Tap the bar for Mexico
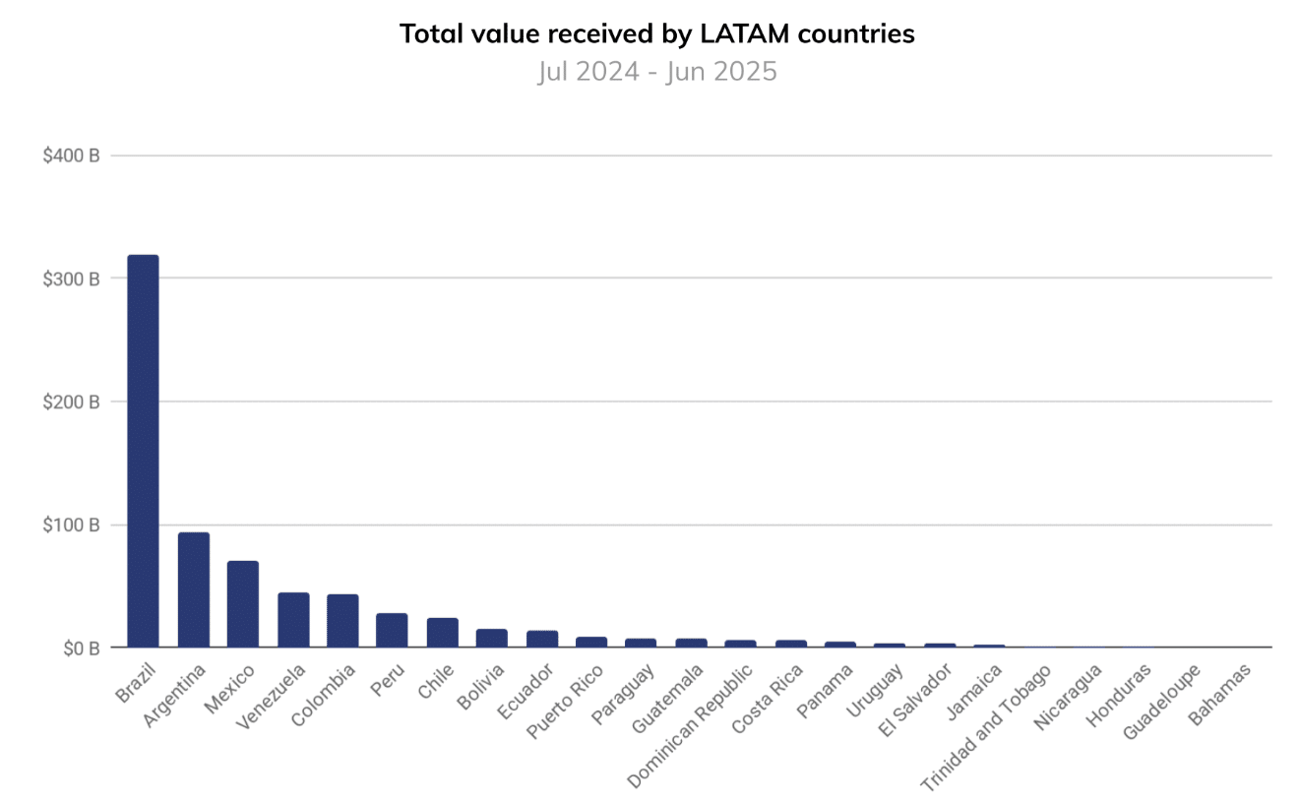pos(242,603)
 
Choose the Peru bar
pos(391,630)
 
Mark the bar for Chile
pos(442,632)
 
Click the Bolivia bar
pos(491,638)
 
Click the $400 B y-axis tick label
pos(71,155)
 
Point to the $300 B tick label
pos(71,278)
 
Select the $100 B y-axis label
pos(71,525)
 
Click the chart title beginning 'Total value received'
pos(656,33)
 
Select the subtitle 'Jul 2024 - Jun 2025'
pos(656,72)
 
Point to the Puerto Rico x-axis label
pos(567,702)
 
